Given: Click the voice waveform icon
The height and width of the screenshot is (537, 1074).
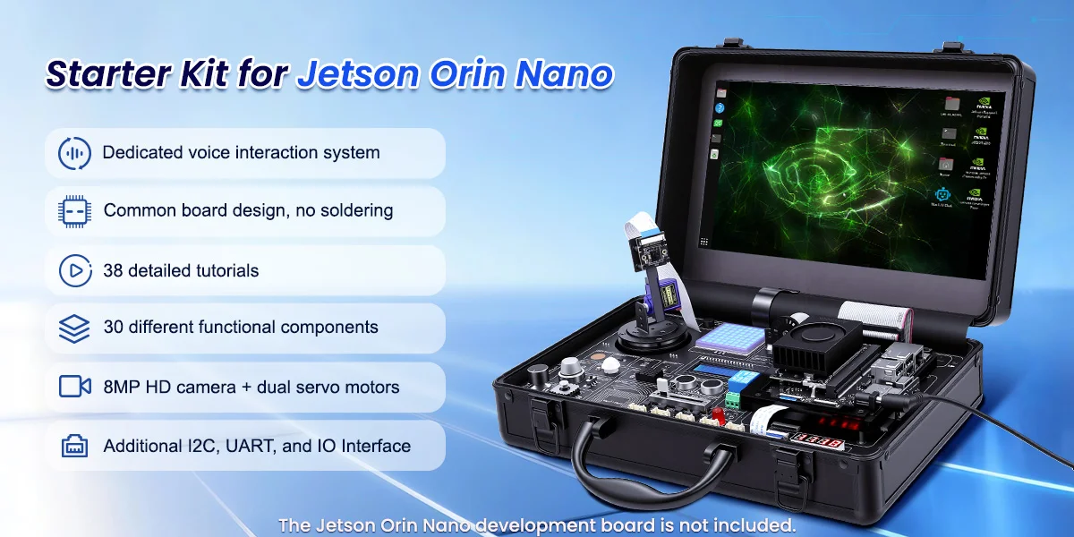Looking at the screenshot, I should tap(74, 153).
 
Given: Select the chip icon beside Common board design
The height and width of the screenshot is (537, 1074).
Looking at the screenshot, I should tap(74, 211).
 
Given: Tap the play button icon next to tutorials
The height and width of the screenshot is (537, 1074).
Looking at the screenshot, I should tap(74, 270).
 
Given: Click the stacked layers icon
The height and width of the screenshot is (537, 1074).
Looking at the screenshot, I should tap(74, 328).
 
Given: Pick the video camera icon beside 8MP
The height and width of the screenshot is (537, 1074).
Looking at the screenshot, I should tap(74, 387).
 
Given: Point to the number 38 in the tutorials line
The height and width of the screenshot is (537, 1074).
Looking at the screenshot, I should tap(114, 270).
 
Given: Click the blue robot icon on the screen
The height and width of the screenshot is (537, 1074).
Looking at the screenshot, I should tap(942, 194).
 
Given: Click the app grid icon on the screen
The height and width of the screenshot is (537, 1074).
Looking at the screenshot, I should tap(704, 241).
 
